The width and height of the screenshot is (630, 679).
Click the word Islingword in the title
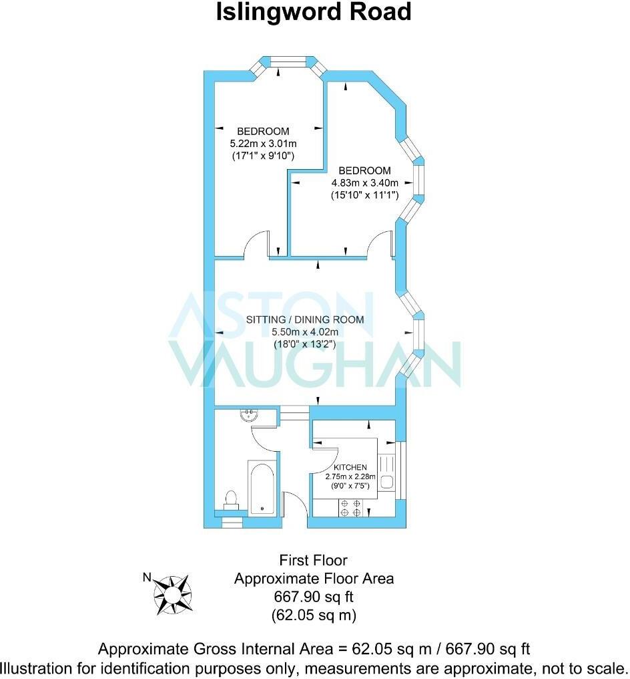pyautogui.click(x=265, y=12)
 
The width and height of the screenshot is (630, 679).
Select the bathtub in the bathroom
pyautogui.click(x=261, y=486)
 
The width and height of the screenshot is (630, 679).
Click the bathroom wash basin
pyautogui.click(x=249, y=416)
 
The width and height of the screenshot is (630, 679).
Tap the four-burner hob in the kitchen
pyautogui.click(x=351, y=508)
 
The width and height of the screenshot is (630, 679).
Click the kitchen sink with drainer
pyautogui.click(x=386, y=472)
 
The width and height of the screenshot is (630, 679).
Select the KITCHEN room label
pyautogui.click(x=346, y=467)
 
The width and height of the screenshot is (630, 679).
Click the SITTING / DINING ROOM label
pyautogui.click(x=305, y=319)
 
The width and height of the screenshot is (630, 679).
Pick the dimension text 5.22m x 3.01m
pyautogui.click(x=263, y=143)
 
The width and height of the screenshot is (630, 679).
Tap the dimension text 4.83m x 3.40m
pyautogui.click(x=364, y=183)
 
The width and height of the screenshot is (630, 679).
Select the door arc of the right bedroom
pyautogui.click(x=381, y=243)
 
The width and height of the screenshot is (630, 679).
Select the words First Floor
pyautogui.click(x=314, y=560)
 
